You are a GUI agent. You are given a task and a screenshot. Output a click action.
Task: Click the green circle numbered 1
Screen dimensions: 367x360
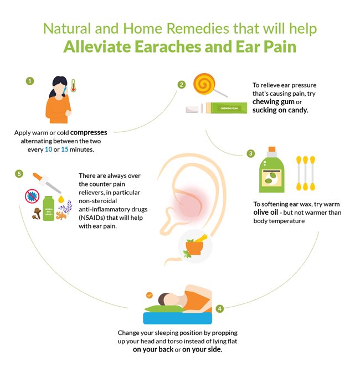pos(30,81)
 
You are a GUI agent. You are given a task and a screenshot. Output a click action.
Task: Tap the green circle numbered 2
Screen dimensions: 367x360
pos(181,85)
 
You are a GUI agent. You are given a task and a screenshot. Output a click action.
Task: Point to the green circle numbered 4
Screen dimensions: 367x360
pos(219,308)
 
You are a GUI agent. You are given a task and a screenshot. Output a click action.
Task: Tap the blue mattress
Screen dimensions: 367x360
pos(178,318)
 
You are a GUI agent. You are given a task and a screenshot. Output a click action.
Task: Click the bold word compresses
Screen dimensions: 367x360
pos(89,133)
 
